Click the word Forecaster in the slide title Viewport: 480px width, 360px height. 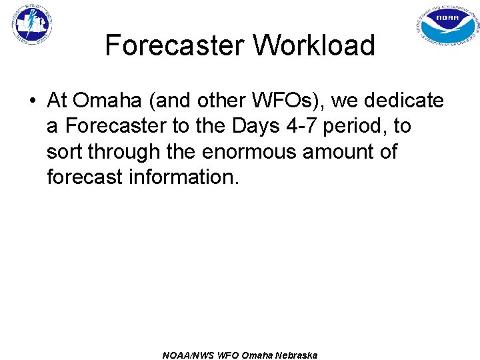pos(174,46)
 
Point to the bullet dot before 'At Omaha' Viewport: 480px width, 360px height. pos(31,101)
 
